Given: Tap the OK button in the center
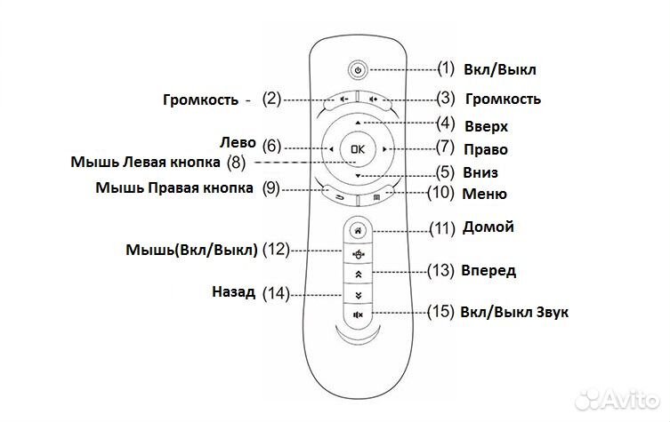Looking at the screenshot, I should click(x=357, y=149).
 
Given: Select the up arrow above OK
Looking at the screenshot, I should click(x=357, y=121).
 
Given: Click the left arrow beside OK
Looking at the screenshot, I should click(x=330, y=149).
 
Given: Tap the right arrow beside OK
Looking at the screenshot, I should click(x=383, y=149).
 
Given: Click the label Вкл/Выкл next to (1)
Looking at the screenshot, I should click(x=501, y=69).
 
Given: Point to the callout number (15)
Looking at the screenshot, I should click(x=439, y=313).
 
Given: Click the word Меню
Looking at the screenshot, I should click(x=485, y=194).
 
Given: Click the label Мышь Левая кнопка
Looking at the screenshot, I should click(x=146, y=163).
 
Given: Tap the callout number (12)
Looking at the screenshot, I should click(x=277, y=251).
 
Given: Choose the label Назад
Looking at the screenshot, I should click(x=235, y=291).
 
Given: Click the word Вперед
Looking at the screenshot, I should click(x=488, y=270).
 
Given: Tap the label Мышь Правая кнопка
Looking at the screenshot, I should click(x=174, y=188).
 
